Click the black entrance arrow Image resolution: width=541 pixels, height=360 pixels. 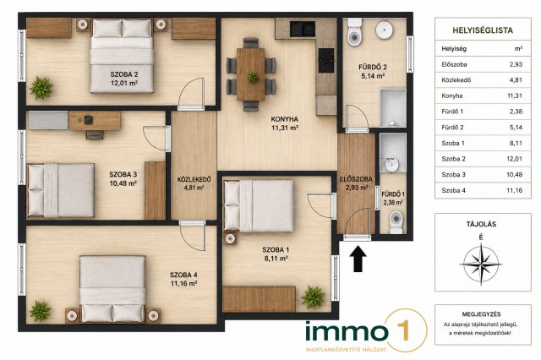tap(358, 259)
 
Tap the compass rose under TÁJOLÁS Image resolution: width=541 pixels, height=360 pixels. tap(481, 265)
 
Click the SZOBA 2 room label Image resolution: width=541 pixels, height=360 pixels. tap(124, 74)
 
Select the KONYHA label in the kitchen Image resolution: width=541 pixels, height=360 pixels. tap(285, 119)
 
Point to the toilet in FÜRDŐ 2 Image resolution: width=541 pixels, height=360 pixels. tap(354, 32)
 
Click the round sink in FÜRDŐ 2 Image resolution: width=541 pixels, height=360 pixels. tap(384, 30)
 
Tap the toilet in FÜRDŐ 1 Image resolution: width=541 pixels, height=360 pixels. tap(396, 221)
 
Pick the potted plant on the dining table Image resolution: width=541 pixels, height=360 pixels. tap(253, 77)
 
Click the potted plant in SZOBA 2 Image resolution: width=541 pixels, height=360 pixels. tap(41, 88)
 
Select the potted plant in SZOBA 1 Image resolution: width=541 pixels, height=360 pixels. tap(313, 297)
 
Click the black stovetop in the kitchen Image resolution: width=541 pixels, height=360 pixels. tap(326, 60)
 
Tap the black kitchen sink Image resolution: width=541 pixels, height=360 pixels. tap(303, 29)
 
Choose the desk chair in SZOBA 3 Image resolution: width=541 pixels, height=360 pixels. tap(95, 135)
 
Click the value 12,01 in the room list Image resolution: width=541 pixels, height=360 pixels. tap(515, 159)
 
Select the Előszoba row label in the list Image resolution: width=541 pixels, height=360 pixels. tap(454, 64)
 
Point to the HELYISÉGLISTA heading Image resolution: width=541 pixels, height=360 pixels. tap(483, 30)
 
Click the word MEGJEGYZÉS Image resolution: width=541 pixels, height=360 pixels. tap(481, 314)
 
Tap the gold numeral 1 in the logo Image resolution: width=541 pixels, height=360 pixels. tap(404, 330)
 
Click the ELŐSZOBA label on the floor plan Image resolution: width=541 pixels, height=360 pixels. tap(356, 179)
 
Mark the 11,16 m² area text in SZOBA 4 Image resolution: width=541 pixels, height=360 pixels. tap(183, 283)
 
